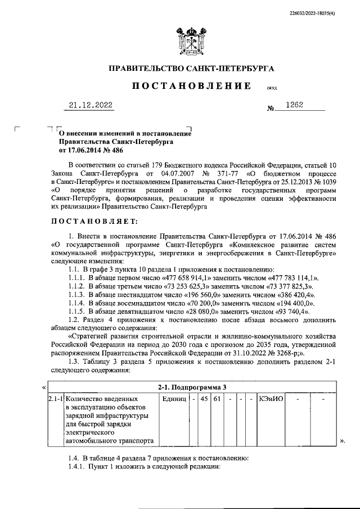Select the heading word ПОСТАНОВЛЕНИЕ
191,86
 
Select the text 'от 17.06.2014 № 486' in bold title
91,150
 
